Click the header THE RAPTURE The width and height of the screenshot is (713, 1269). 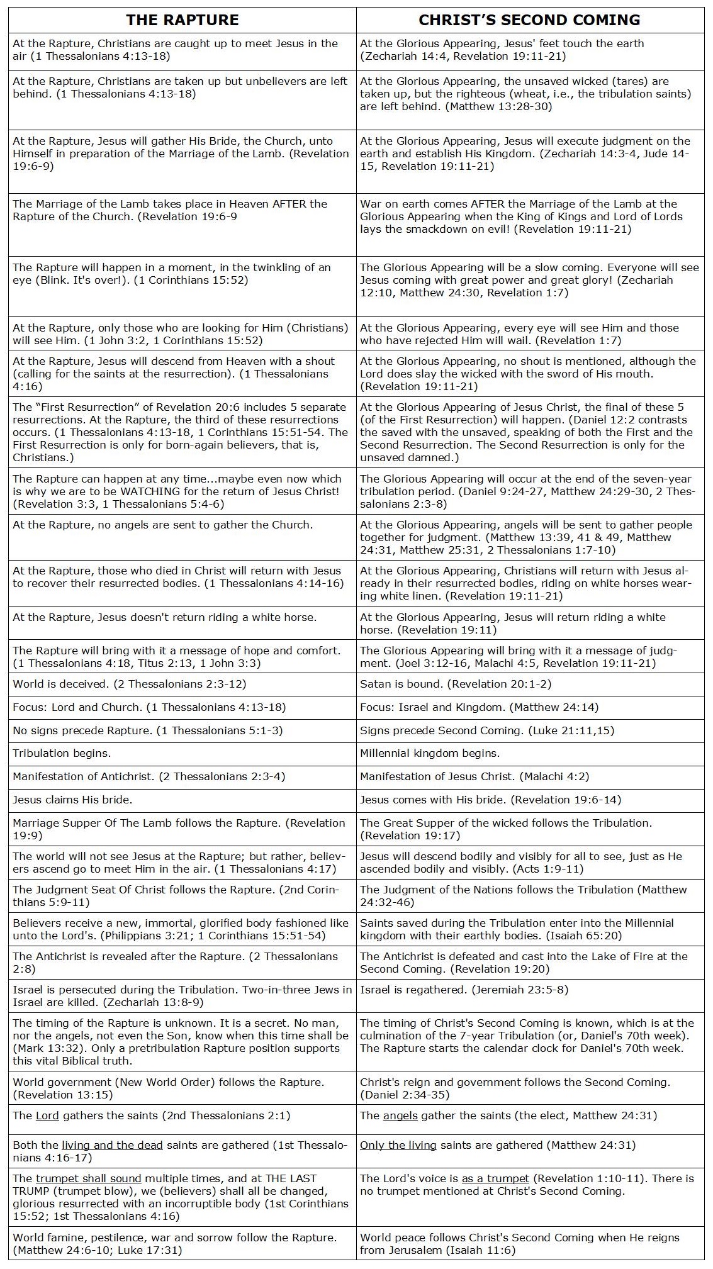pyautogui.click(x=182, y=20)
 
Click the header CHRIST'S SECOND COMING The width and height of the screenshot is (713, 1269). pyautogui.click(x=529, y=20)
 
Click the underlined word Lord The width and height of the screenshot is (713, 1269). pyautogui.click(x=47, y=1115)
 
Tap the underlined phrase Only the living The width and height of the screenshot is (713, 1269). pyautogui.click(x=398, y=1145)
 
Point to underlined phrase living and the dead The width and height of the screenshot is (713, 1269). pyautogui.click(x=112, y=1145)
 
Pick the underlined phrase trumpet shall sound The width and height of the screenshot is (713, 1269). pyautogui.click(x=88, y=1178)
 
